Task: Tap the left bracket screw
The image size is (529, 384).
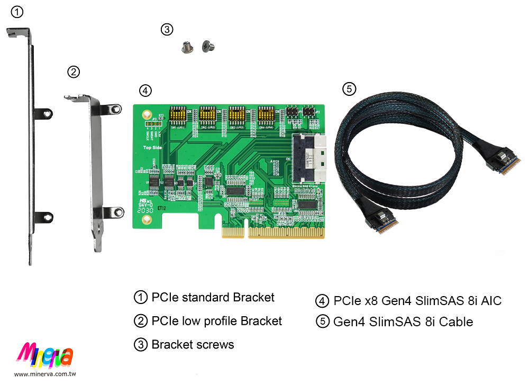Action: [x=186, y=48]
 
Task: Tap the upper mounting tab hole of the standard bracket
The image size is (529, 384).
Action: [x=47, y=113]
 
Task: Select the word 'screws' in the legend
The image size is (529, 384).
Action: [x=215, y=344]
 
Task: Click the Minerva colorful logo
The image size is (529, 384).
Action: [x=45, y=355]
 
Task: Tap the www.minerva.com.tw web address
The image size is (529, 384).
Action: [x=45, y=374]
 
